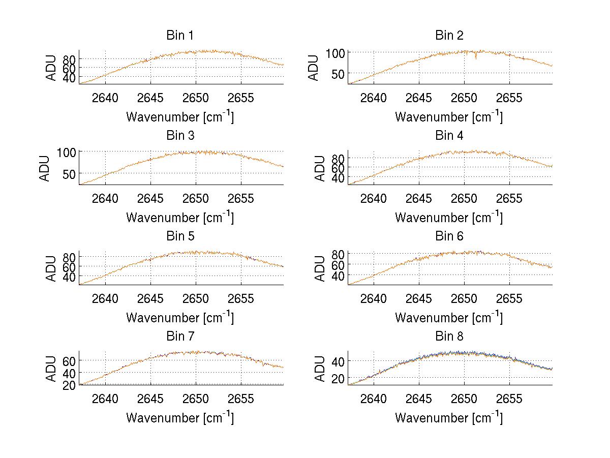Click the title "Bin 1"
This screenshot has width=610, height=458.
tap(180, 36)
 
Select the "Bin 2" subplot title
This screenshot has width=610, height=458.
tap(449, 36)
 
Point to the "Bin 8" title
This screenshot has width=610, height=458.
tap(449, 337)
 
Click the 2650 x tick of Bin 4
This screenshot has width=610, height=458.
tap(464, 198)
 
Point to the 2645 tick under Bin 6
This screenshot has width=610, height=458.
tap(419, 298)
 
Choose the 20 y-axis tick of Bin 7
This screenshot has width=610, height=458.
tap(69, 385)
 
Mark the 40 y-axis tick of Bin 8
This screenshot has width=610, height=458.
tap(339, 361)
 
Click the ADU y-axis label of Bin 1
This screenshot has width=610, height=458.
tap(51, 68)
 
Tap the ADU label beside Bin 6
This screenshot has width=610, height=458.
tap(320, 268)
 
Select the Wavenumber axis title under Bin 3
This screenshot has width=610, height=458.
tap(180, 218)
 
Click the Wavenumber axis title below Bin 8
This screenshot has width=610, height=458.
tap(449, 418)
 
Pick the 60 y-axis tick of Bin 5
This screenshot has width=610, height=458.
tap(69, 266)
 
